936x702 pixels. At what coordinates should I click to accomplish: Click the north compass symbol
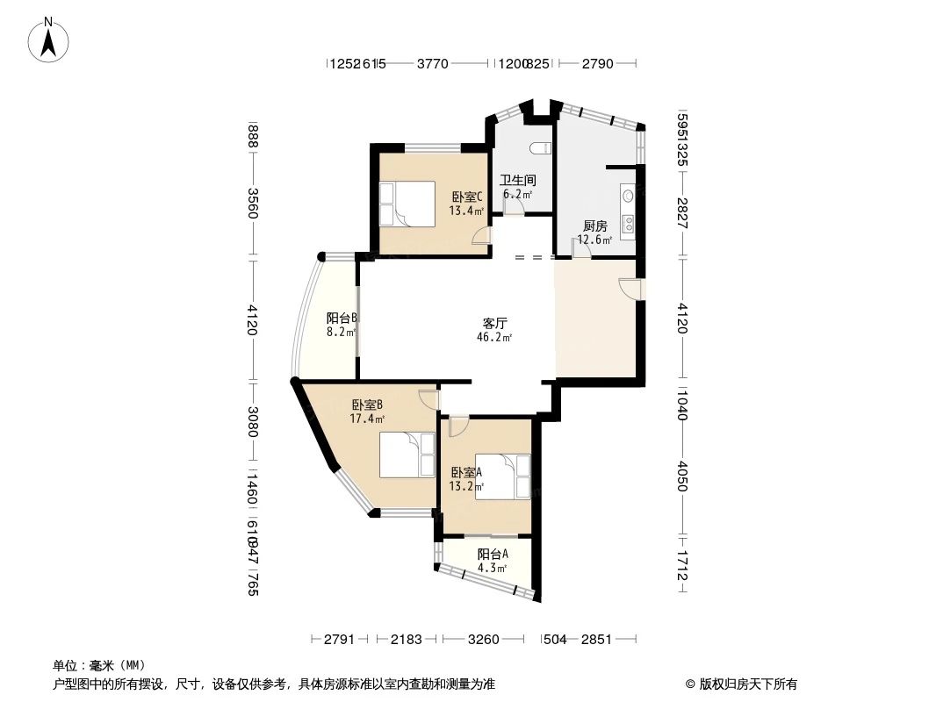click(x=50, y=39)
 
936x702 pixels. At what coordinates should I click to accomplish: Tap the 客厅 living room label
click(x=493, y=323)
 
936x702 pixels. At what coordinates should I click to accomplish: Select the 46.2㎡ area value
click(x=493, y=337)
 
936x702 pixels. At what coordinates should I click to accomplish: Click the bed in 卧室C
click(x=407, y=204)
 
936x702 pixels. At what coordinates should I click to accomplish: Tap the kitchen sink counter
click(x=629, y=211)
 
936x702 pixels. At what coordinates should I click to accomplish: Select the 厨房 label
click(x=594, y=226)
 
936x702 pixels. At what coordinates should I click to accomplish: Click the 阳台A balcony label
click(x=493, y=554)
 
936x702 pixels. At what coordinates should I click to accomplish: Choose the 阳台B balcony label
click(x=341, y=319)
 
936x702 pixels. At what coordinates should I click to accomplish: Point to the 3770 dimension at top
click(x=432, y=63)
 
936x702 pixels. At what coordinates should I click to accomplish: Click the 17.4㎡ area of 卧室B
click(x=367, y=419)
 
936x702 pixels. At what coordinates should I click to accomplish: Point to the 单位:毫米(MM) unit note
click(x=99, y=665)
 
